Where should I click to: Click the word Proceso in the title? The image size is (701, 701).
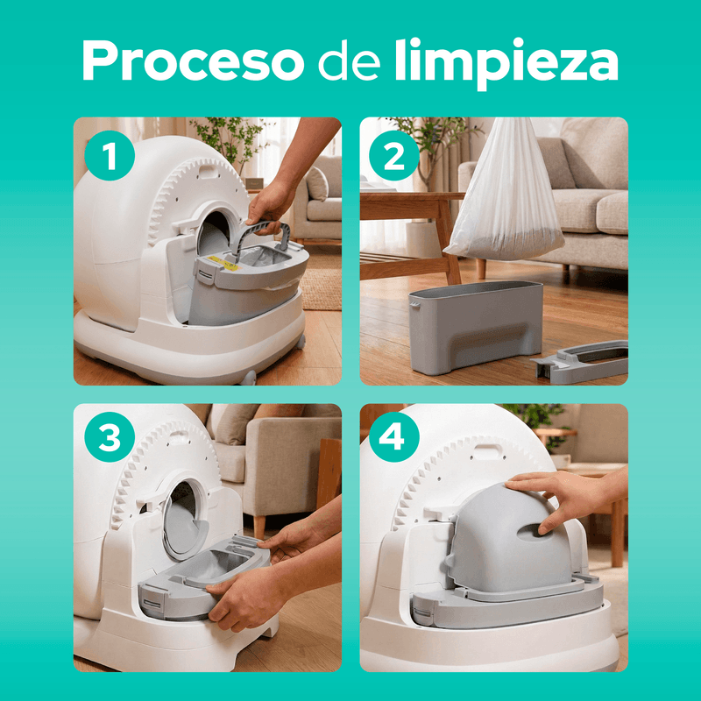click(193, 60)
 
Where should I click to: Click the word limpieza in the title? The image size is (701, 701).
click(506, 62)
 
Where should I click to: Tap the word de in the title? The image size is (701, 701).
click(350, 60)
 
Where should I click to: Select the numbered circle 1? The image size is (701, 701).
click(110, 156)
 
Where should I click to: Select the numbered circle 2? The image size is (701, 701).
click(393, 156)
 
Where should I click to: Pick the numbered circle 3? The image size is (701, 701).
click(110, 436)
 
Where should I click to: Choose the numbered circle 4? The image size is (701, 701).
click(393, 436)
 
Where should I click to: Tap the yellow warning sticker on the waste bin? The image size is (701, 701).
click(223, 263)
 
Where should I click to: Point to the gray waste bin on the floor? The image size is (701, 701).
click(476, 327)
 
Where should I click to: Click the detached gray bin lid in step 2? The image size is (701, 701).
click(581, 361)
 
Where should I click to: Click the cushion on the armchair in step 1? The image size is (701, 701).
click(316, 184)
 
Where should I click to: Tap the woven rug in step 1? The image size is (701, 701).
click(320, 288)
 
